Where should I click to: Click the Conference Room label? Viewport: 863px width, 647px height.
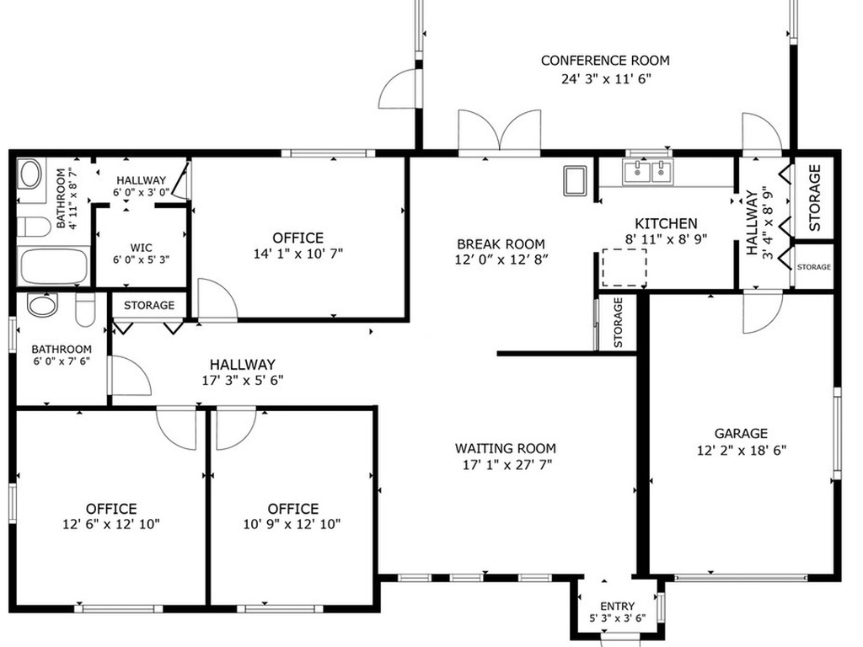click(x=605, y=61)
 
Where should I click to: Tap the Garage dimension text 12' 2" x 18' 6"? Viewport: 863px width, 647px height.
click(x=742, y=451)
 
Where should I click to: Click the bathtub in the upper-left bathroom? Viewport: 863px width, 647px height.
click(x=54, y=266)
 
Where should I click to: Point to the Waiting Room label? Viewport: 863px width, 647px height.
click(x=506, y=448)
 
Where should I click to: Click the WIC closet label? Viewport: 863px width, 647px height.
click(x=142, y=248)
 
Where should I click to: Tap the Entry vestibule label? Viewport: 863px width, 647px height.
click(x=618, y=607)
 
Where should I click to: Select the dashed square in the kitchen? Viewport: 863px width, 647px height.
click(x=624, y=267)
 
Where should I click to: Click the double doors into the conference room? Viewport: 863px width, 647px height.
click(x=499, y=131)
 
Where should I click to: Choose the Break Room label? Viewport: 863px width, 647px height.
click(x=501, y=243)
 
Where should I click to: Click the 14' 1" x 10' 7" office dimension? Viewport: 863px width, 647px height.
click(x=297, y=254)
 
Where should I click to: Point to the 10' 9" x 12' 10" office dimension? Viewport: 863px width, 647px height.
click(x=292, y=524)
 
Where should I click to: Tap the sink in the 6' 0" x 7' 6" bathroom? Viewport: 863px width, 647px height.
click(x=42, y=304)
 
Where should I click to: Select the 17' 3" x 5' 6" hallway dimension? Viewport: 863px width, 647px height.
click(x=242, y=380)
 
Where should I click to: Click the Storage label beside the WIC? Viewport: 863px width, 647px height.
click(x=148, y=305)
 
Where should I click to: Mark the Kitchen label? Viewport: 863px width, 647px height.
click(x=666, y=223)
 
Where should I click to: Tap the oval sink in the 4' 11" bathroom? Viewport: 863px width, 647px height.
click(x=29, y=174)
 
